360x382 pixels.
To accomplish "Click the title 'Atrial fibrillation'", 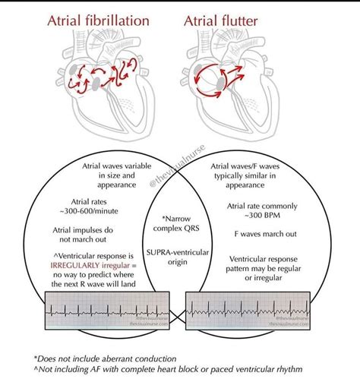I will pos(99,21).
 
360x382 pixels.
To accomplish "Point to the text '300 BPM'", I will pos(260,215).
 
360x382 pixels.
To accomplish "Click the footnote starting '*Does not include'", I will pos(107,356).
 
